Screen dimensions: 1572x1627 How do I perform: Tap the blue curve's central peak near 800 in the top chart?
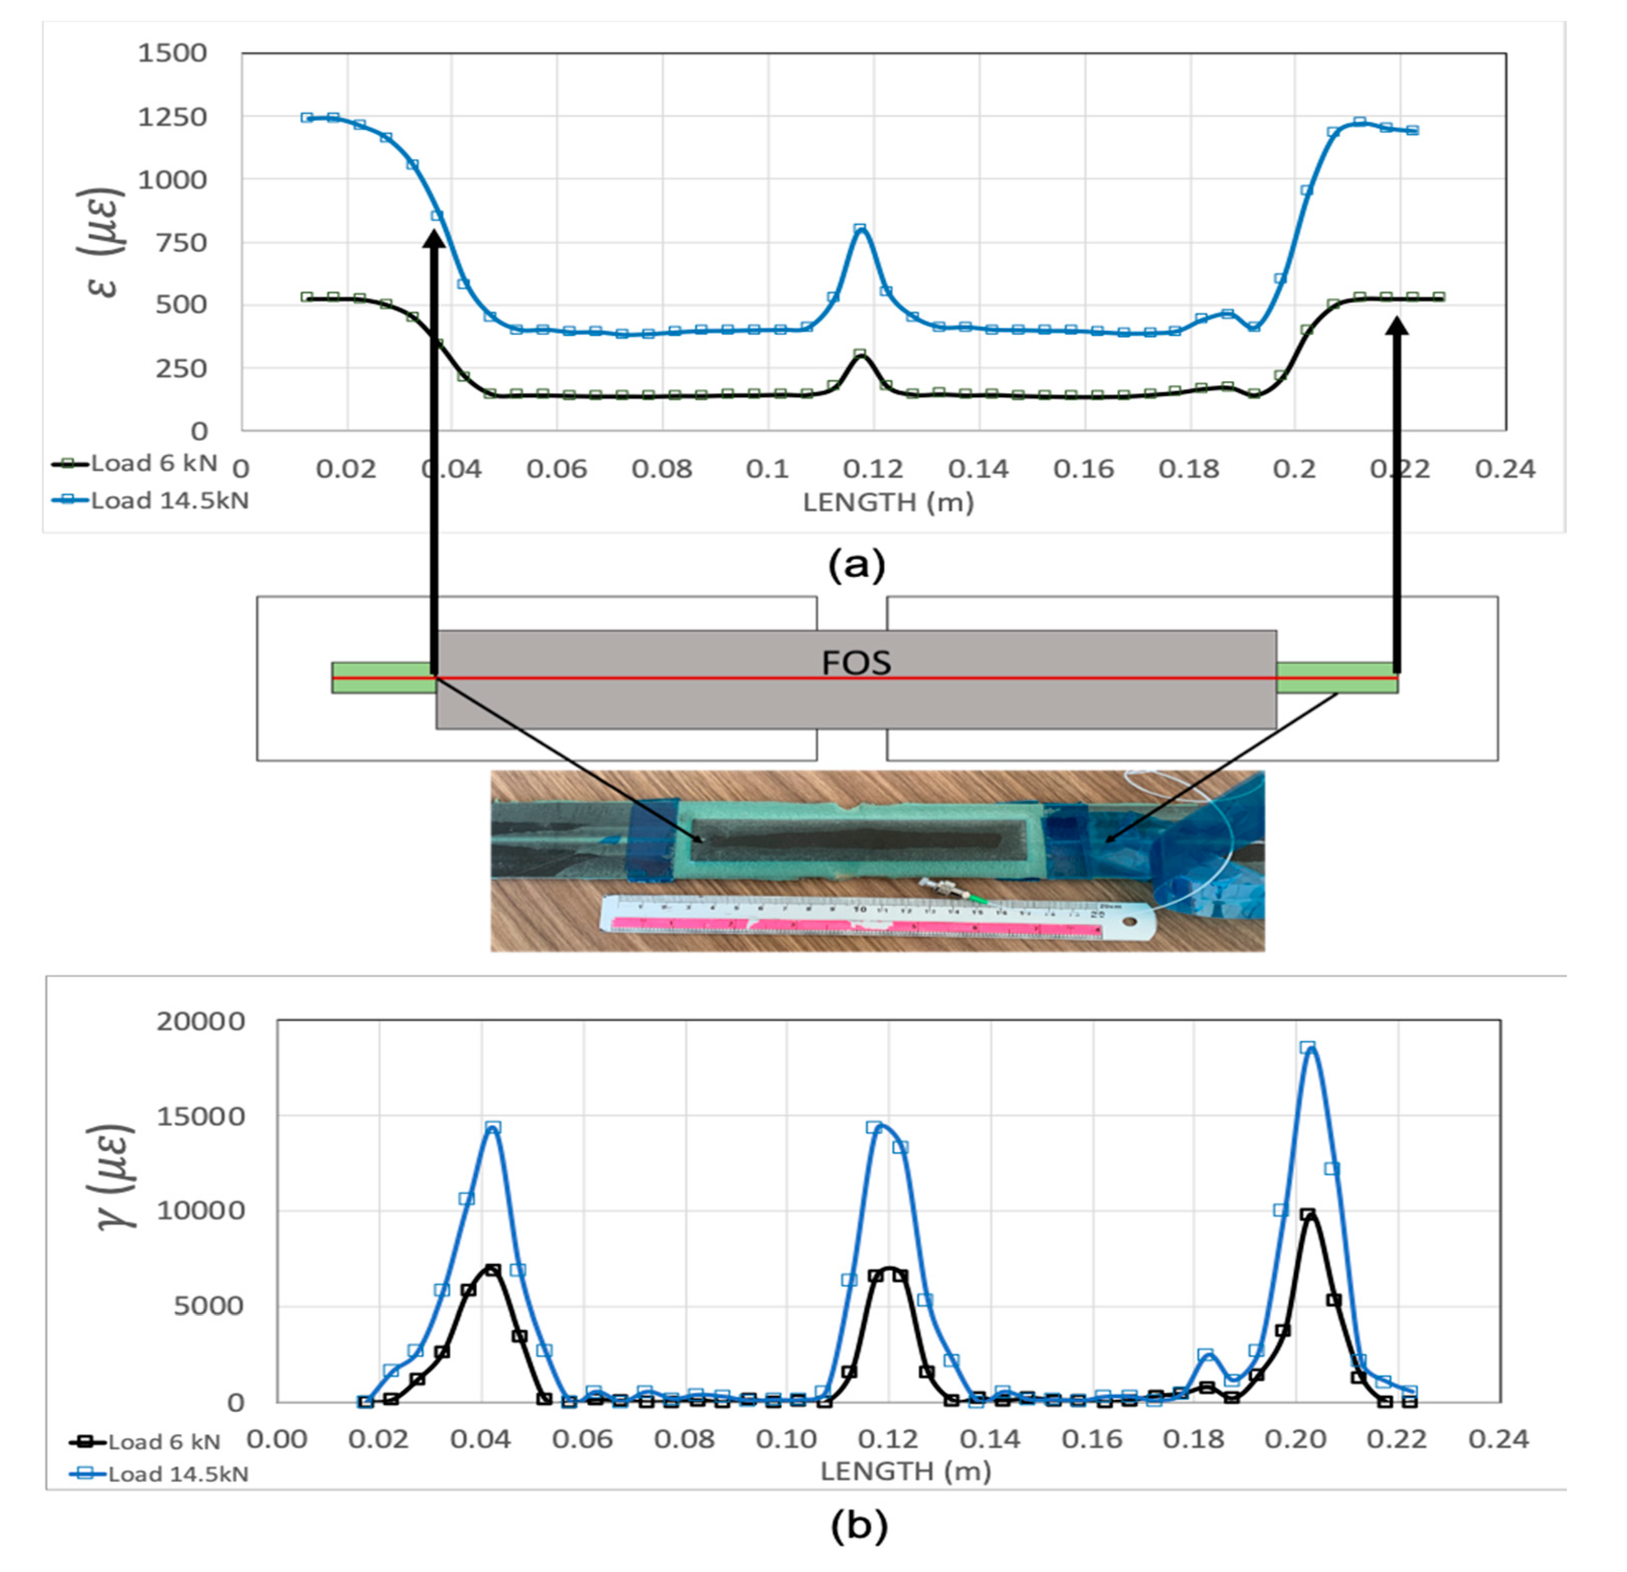pos(861,229)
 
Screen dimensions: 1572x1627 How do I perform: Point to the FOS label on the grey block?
pos(856,663)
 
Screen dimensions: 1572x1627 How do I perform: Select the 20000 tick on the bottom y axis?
pos(201,1021)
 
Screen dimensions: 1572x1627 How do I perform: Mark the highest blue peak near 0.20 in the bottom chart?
pos(1308,1048)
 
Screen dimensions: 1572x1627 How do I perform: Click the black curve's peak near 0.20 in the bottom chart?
pos(1308,1215)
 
